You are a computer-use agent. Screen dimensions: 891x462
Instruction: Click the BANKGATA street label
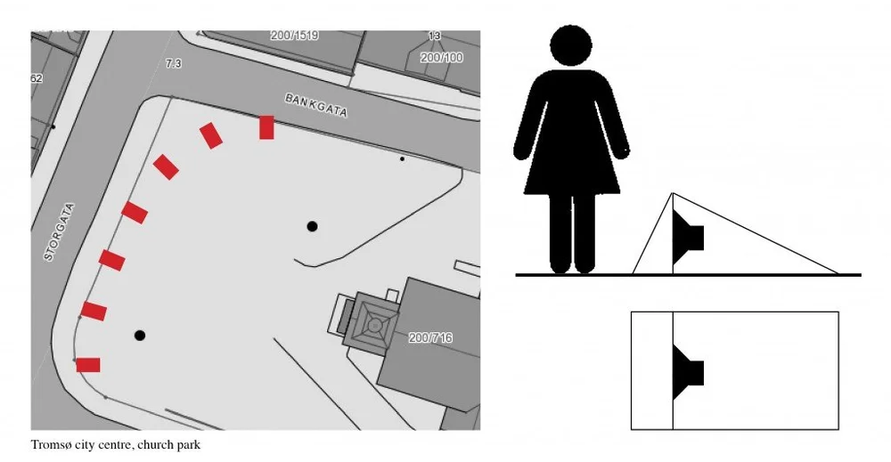tap(316, 106)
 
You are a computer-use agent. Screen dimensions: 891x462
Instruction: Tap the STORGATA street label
tap(59, 232)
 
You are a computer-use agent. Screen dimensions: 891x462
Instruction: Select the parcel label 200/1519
tap(294, 36)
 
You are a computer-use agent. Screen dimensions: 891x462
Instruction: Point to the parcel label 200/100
tap(442, 57)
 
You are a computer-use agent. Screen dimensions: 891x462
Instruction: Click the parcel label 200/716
tap(430, 337)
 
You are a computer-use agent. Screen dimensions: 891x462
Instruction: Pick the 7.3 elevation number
tap(174, 64)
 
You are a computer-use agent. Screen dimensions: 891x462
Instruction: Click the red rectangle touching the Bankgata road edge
tap(266, 127)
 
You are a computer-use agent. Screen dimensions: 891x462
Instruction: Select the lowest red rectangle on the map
tap(88, 365)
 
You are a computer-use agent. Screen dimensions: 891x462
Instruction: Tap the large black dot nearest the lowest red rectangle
tap(140, 336)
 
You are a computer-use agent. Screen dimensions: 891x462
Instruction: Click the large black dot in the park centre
tap(312, 226)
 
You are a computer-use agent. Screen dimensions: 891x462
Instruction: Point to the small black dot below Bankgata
tap(403, 159)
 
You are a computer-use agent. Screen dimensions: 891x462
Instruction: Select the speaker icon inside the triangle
tap(688, 238)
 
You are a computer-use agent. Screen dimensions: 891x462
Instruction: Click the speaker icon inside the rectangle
tap(688, 372)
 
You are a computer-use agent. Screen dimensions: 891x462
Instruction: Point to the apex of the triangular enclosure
tap(673, 193)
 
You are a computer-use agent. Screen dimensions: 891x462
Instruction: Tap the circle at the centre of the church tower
tap(374, 325)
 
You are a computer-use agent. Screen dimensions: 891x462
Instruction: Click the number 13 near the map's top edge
tap(434, 36)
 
